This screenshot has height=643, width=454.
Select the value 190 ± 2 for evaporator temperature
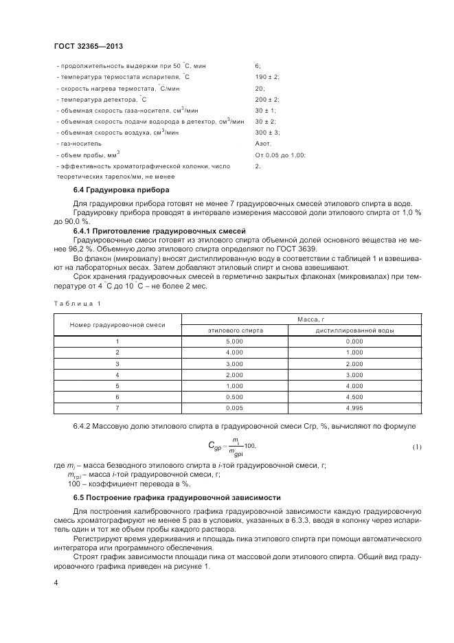click(266, 77)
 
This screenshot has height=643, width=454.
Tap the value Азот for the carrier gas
click(263, 144)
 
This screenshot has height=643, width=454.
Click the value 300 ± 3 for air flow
click(266, 133)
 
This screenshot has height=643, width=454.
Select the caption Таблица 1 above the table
click(76, 303)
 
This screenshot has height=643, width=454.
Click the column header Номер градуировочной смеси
click(117, 324)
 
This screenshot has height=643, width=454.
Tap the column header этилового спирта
click(236, 330)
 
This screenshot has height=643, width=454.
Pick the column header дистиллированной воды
click(354, 330)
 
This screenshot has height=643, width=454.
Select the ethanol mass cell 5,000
click(235, 341)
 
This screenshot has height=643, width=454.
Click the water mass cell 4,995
click(354, 408)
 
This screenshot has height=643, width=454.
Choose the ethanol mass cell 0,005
click(235, 408)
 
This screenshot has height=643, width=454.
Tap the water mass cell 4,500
click(354, 397)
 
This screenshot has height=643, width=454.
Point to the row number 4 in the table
click(117, 375)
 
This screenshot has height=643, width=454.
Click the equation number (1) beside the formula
click(417, 447)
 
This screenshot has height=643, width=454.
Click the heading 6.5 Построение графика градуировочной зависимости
click(177, 497)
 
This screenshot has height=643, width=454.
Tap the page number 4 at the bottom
click(56, 583)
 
